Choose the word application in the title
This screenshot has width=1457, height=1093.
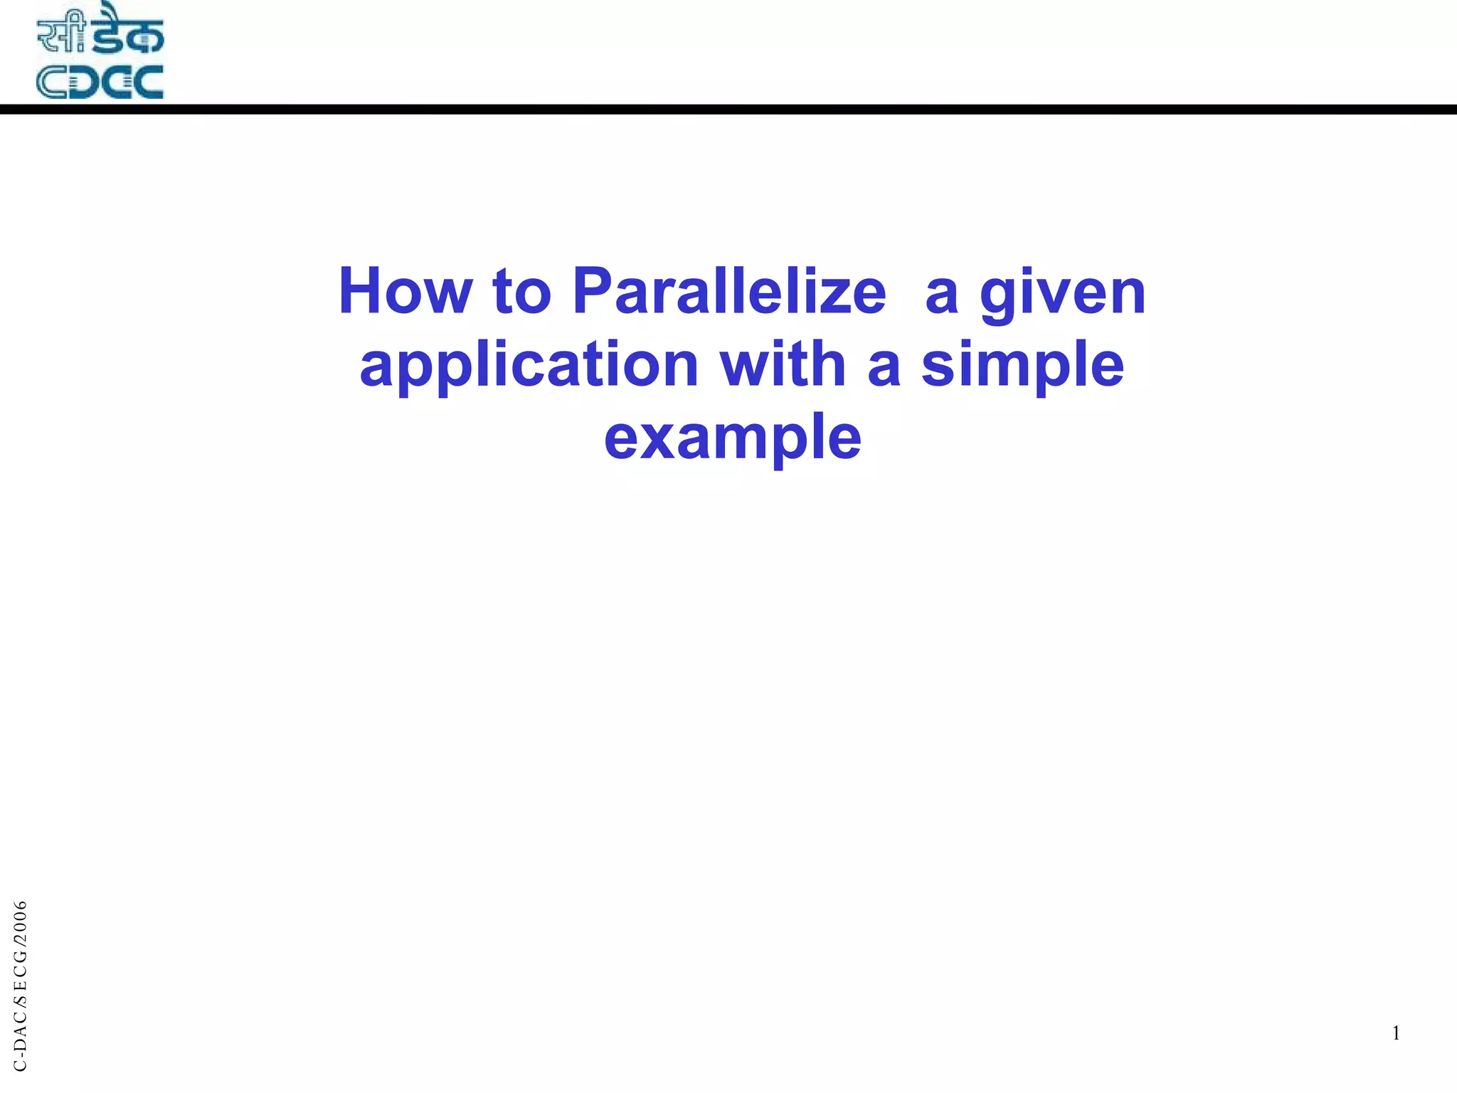[x=529, y=366]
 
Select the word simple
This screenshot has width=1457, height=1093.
[x=1022, y=366]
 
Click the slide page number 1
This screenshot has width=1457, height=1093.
[x=1396, y=1033]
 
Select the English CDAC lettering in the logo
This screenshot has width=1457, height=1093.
[x=100, y=82]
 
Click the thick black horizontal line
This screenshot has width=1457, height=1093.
[x=728, y=110]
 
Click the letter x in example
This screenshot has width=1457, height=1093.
[x=657, y=438]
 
